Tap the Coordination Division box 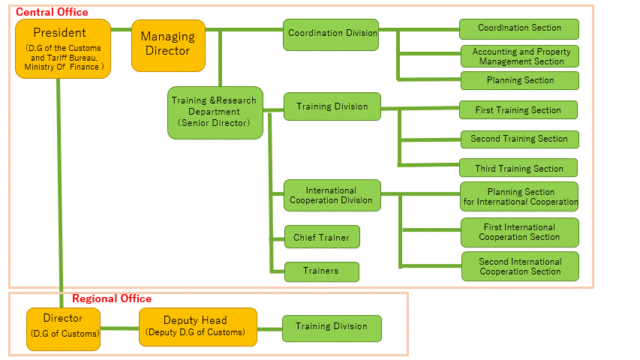(331, 34)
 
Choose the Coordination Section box (519, 28)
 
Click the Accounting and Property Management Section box (520, 56)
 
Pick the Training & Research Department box (215, 112)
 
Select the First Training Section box (518, 110)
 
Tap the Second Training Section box (519, 139)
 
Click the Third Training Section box (518, 168)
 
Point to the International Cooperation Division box (332, 196)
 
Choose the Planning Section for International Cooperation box (519, 197)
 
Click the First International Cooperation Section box (519, 232)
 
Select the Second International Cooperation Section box (519, 266)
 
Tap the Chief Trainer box (321, 238)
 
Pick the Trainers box (321, 271)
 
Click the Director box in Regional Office (63, 328)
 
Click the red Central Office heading (51, 12)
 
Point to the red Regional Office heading (111, 298)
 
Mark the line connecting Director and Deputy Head (120, 328)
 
